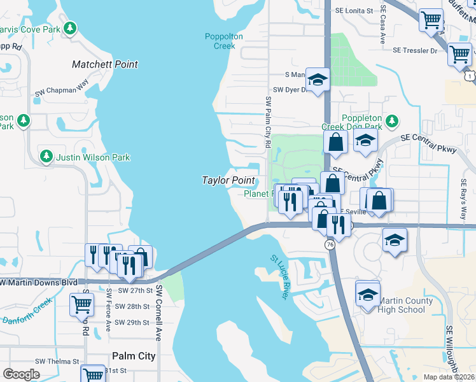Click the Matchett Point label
pos(105,64)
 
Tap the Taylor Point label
pos(228,180)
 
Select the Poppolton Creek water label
pos(224,41)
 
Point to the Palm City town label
pos(134,356)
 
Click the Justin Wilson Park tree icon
pos(46,157)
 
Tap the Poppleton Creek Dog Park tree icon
pos(393,120)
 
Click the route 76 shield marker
pos(330,244)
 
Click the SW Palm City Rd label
pos(268,122)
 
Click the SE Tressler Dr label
pos(415,50)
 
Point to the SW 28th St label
pos(129,306)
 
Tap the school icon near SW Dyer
pos(318,79)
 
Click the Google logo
pos(22,374)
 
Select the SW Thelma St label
pos(57,361)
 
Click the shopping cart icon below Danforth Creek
pos(81,305)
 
